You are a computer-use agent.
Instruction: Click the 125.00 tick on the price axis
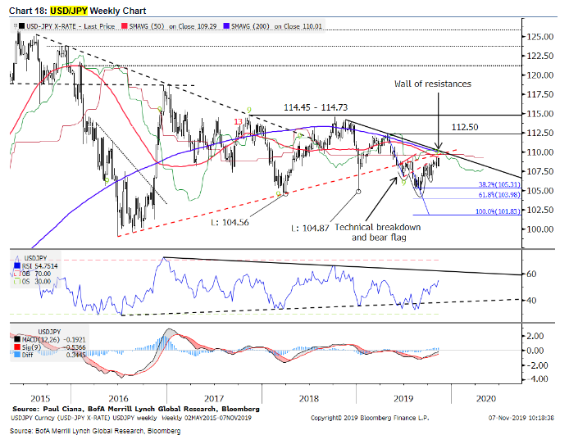click(x=539, y=37)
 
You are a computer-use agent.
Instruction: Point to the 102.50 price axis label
click(x=539, y=210)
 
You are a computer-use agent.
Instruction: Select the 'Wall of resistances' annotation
click(x=434, y=84)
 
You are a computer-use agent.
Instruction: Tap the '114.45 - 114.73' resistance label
click(x=315, y=106)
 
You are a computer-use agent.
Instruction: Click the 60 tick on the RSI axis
click(x=531, y=274)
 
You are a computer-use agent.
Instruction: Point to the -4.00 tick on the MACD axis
click(x=536, y=378)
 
